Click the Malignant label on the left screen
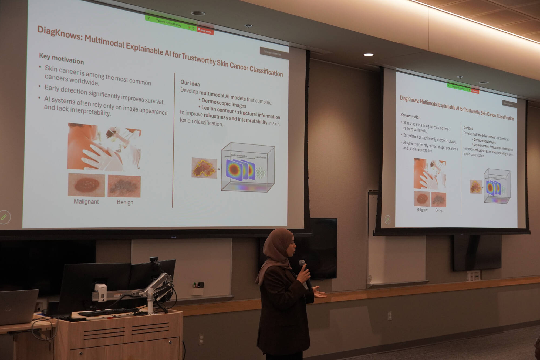[x=86, y=201]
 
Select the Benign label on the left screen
[x=125, y=202]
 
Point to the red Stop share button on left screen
[x=205, y=31]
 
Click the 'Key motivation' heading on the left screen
[x=61, y=59]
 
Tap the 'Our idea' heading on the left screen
[x=190, y=83]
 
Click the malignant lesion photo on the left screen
[x=86, y=185]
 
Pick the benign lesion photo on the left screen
[x=124, y=186]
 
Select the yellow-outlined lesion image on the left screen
[x=204, y=168]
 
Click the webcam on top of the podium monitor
[x=154, y=259]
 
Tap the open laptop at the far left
[x=18, y=307]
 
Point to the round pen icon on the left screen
[x=5, y=217]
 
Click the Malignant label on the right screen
[x=422, y=210]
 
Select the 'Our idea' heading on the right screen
[x=468, y=128]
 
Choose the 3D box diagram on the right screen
[x=497, y=186]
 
